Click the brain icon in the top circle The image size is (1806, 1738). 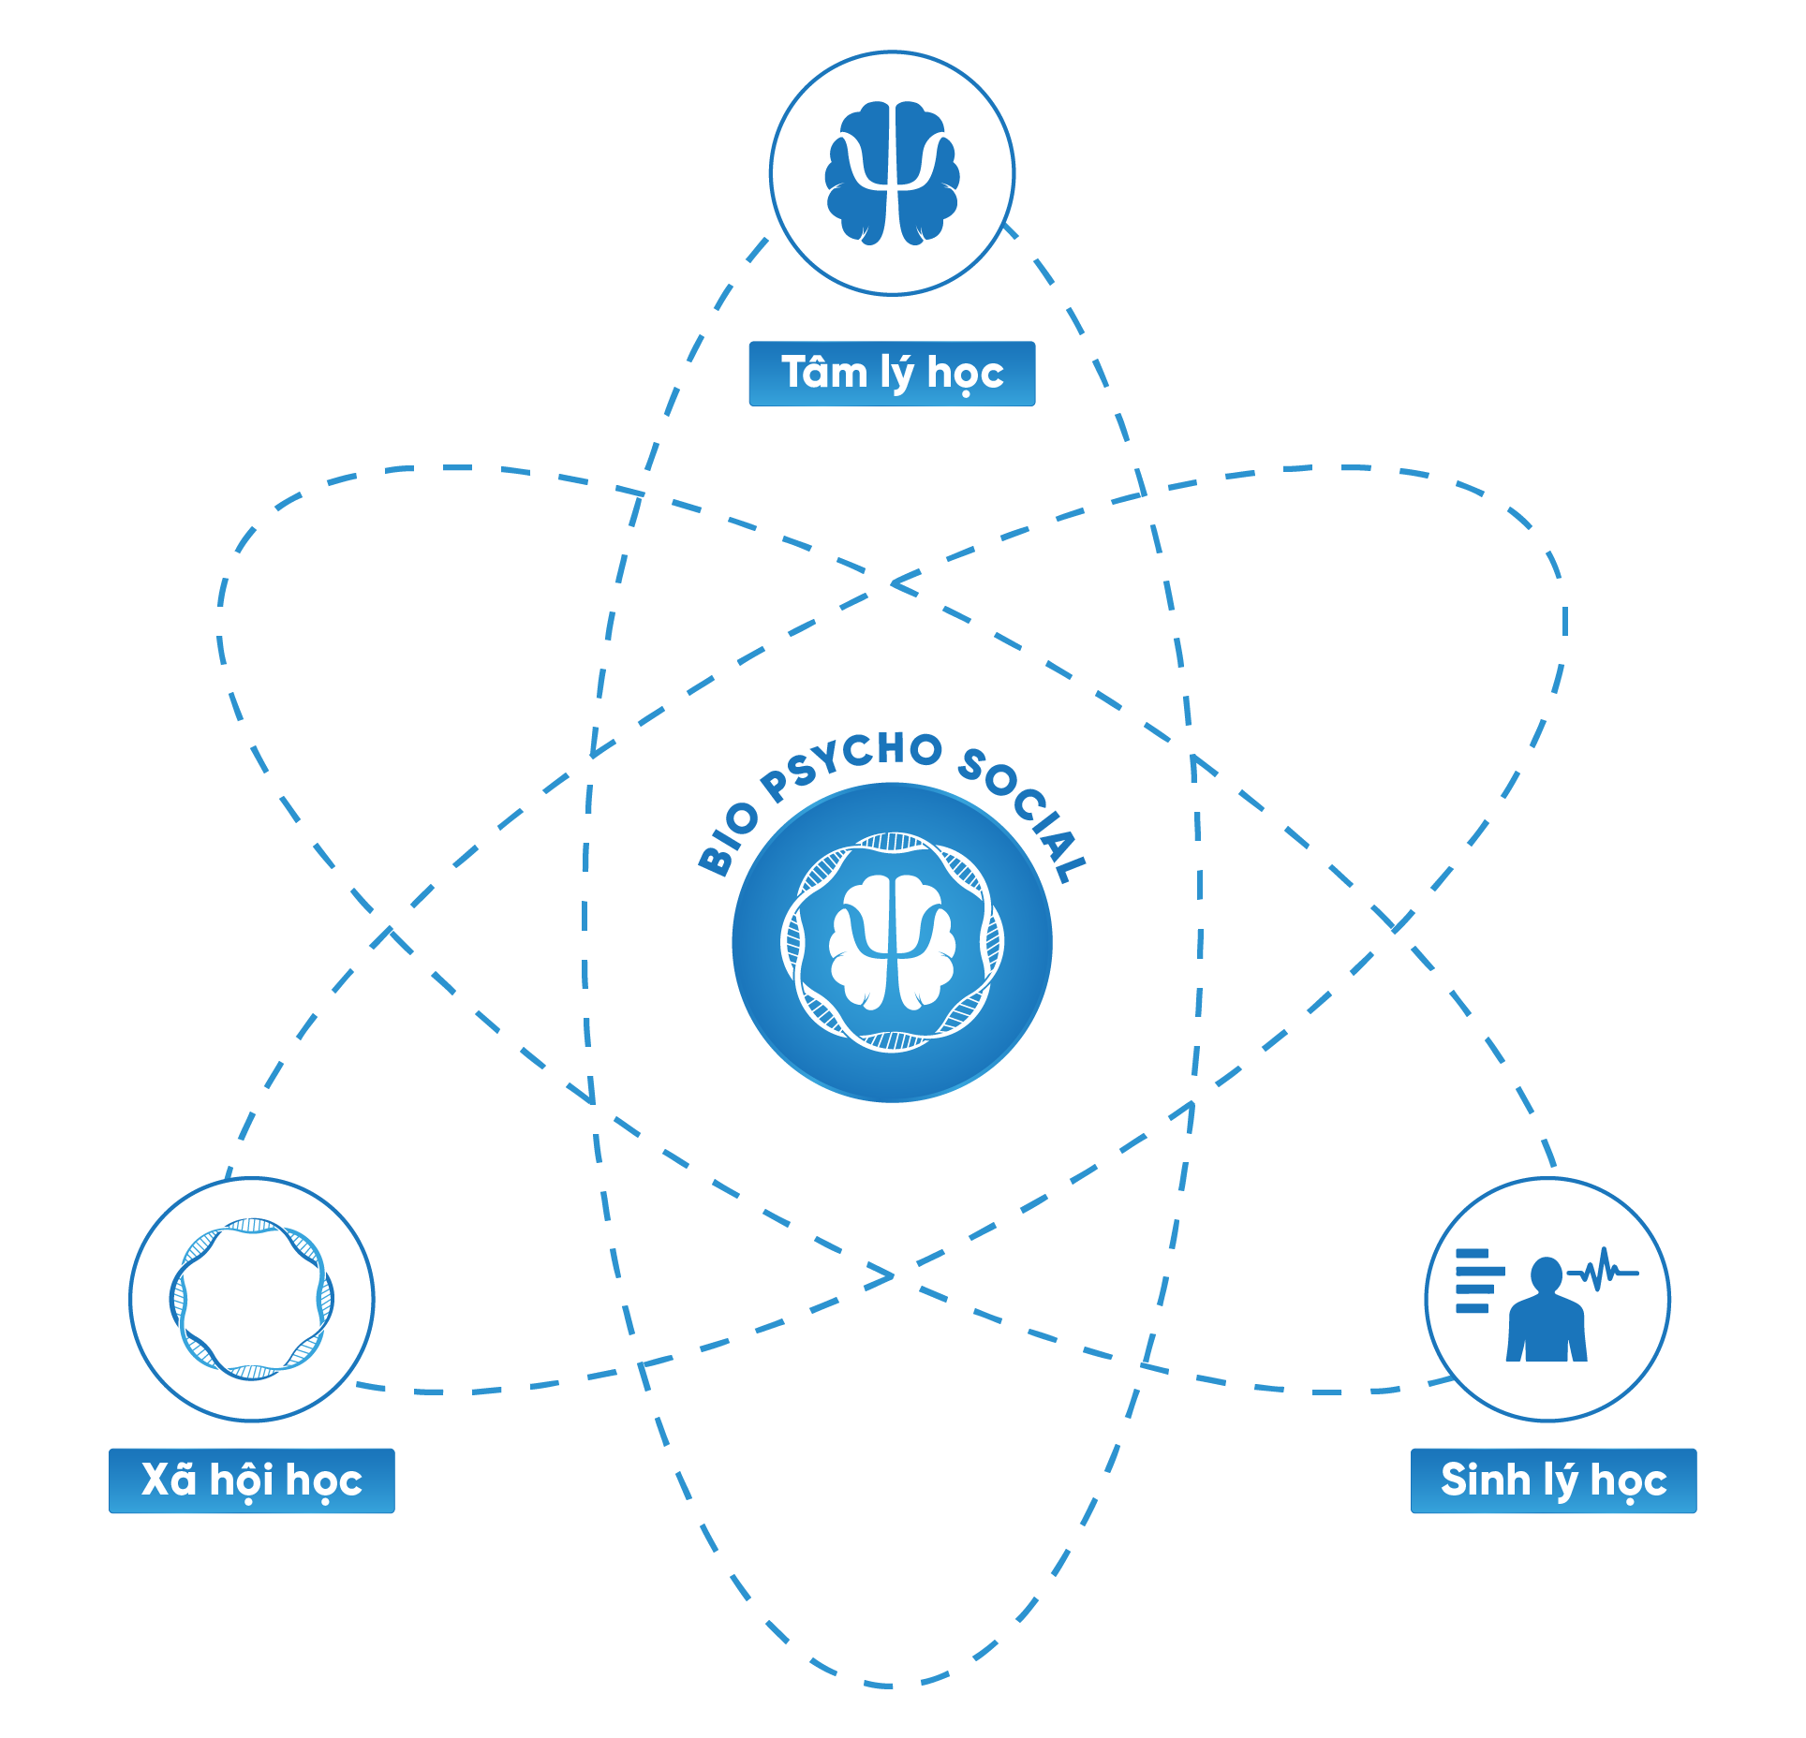[x=892, y=173]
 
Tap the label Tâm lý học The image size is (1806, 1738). [x=892, y=374]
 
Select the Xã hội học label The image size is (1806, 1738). [x=252, y=1480]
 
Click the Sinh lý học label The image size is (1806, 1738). [x=1553, y=1480]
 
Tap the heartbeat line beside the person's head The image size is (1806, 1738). [x=1603, y=1271]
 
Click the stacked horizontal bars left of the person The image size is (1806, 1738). [x=1479, y=1281]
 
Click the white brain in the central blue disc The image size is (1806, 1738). [x=893, y=942]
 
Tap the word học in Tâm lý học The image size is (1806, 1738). [x=965, y=374]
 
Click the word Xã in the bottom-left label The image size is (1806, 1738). [x=169, y=1479]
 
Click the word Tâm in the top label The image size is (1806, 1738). [x=824, y=372]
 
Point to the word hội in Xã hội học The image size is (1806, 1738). [x=242, y=1480]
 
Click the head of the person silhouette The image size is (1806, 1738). [x=1547, y=1274]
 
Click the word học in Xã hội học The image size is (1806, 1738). [x=323, y=1481]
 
